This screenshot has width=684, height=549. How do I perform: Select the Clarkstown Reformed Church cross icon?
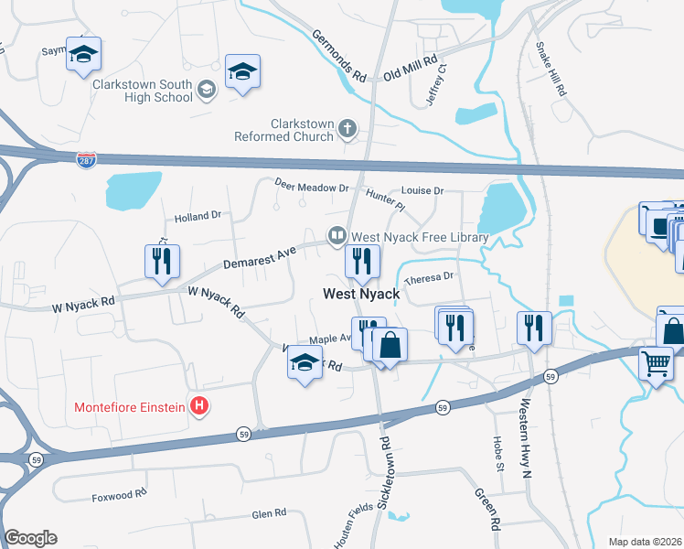[x=347, y=130]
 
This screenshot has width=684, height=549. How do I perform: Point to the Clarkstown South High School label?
[x=142, y=91]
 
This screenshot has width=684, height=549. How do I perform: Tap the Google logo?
[x=30, y=538]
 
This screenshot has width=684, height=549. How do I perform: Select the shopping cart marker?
[x=656, y=363]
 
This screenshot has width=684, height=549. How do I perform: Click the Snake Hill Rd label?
[x=552, y=69]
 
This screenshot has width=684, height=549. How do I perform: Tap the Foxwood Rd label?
[x=119, y=495]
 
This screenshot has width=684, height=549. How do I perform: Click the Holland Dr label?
[x=198, y=217]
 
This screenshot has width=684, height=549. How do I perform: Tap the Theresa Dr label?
[x=429, y=277]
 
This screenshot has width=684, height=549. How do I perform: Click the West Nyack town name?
[x=361, y=295]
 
